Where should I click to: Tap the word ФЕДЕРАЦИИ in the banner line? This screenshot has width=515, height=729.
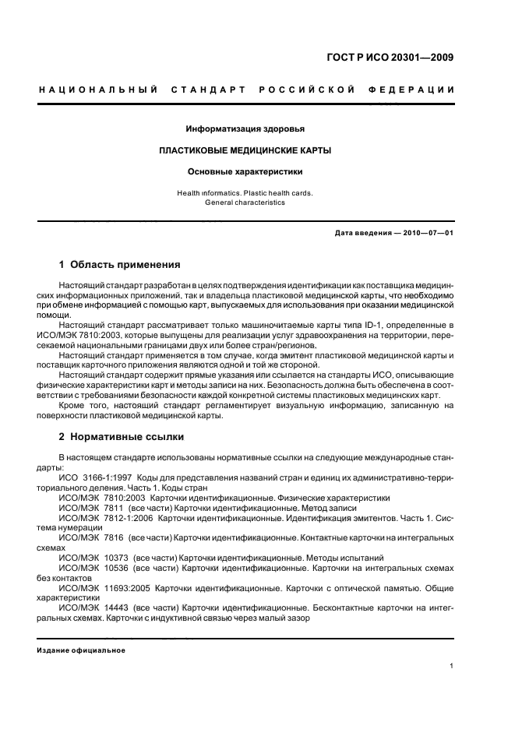click(418, 90)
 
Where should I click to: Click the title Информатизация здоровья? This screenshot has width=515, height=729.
click(245, 129)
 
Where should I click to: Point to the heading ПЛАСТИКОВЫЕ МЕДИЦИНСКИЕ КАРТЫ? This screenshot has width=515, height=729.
click(245, 150)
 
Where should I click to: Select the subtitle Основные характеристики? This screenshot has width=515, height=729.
click(245, 171)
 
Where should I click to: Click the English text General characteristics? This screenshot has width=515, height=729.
click(245, 202)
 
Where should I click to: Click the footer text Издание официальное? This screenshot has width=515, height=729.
click(81, 651)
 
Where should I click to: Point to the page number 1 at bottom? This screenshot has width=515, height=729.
click(452, 667)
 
